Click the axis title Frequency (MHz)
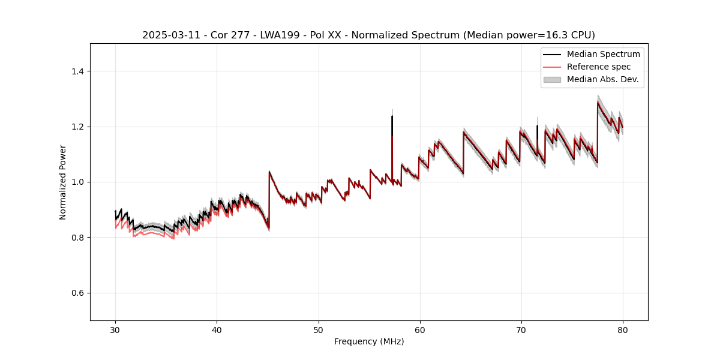[369, 341]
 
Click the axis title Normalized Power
[63, 182]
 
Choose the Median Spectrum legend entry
[603, 54]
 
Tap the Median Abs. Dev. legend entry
[602, 79]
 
